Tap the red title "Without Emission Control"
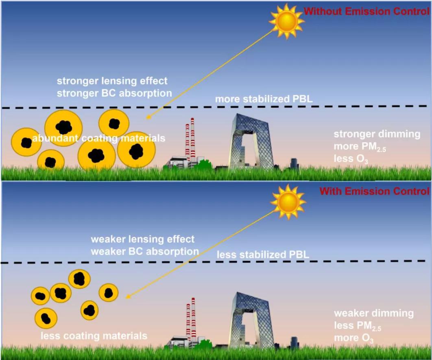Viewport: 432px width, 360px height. tap(367, 11)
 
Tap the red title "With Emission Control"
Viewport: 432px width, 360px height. tap(374, 191)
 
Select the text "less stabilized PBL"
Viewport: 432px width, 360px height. tap(263, 255)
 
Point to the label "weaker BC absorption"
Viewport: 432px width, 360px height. tap(144, 251)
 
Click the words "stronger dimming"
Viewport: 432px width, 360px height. tap(377, 134)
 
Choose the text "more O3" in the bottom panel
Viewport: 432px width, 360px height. tap(353, 338)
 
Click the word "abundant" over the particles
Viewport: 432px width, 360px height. tap(55, 138)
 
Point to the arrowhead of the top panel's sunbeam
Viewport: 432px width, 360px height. tap(149, 117)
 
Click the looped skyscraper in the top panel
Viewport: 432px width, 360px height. tap(247, 142)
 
